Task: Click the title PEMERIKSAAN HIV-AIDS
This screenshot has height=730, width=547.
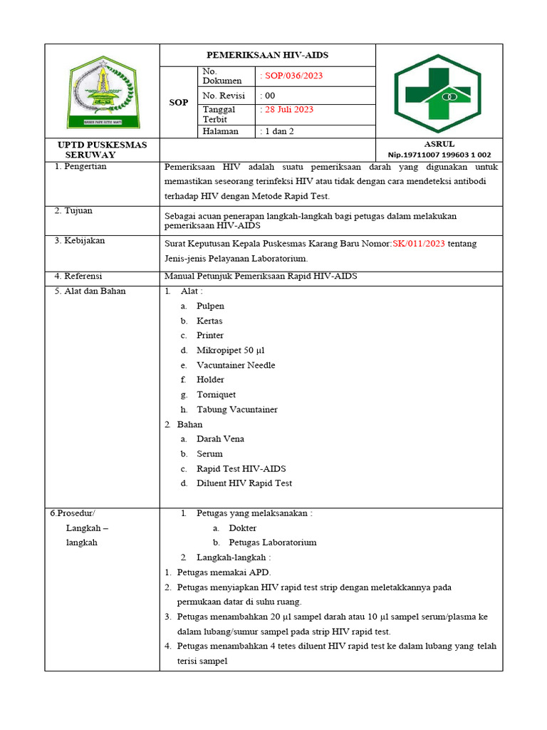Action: (267, 55)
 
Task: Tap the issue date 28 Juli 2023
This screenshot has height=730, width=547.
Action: (289, 110)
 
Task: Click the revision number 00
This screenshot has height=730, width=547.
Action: (270, 96)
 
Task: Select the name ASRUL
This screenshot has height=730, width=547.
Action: (439, 144)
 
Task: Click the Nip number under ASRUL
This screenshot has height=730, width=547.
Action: (439, 155)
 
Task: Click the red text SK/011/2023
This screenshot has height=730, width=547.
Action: (419, 244)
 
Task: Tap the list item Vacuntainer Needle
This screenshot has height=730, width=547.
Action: (236, 365)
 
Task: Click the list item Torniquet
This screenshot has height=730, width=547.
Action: (216, 394)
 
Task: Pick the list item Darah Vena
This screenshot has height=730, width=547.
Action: (220, 439)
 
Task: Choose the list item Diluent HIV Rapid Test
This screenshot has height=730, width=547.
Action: (244, 483)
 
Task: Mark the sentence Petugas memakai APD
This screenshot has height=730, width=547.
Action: (224, 572)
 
